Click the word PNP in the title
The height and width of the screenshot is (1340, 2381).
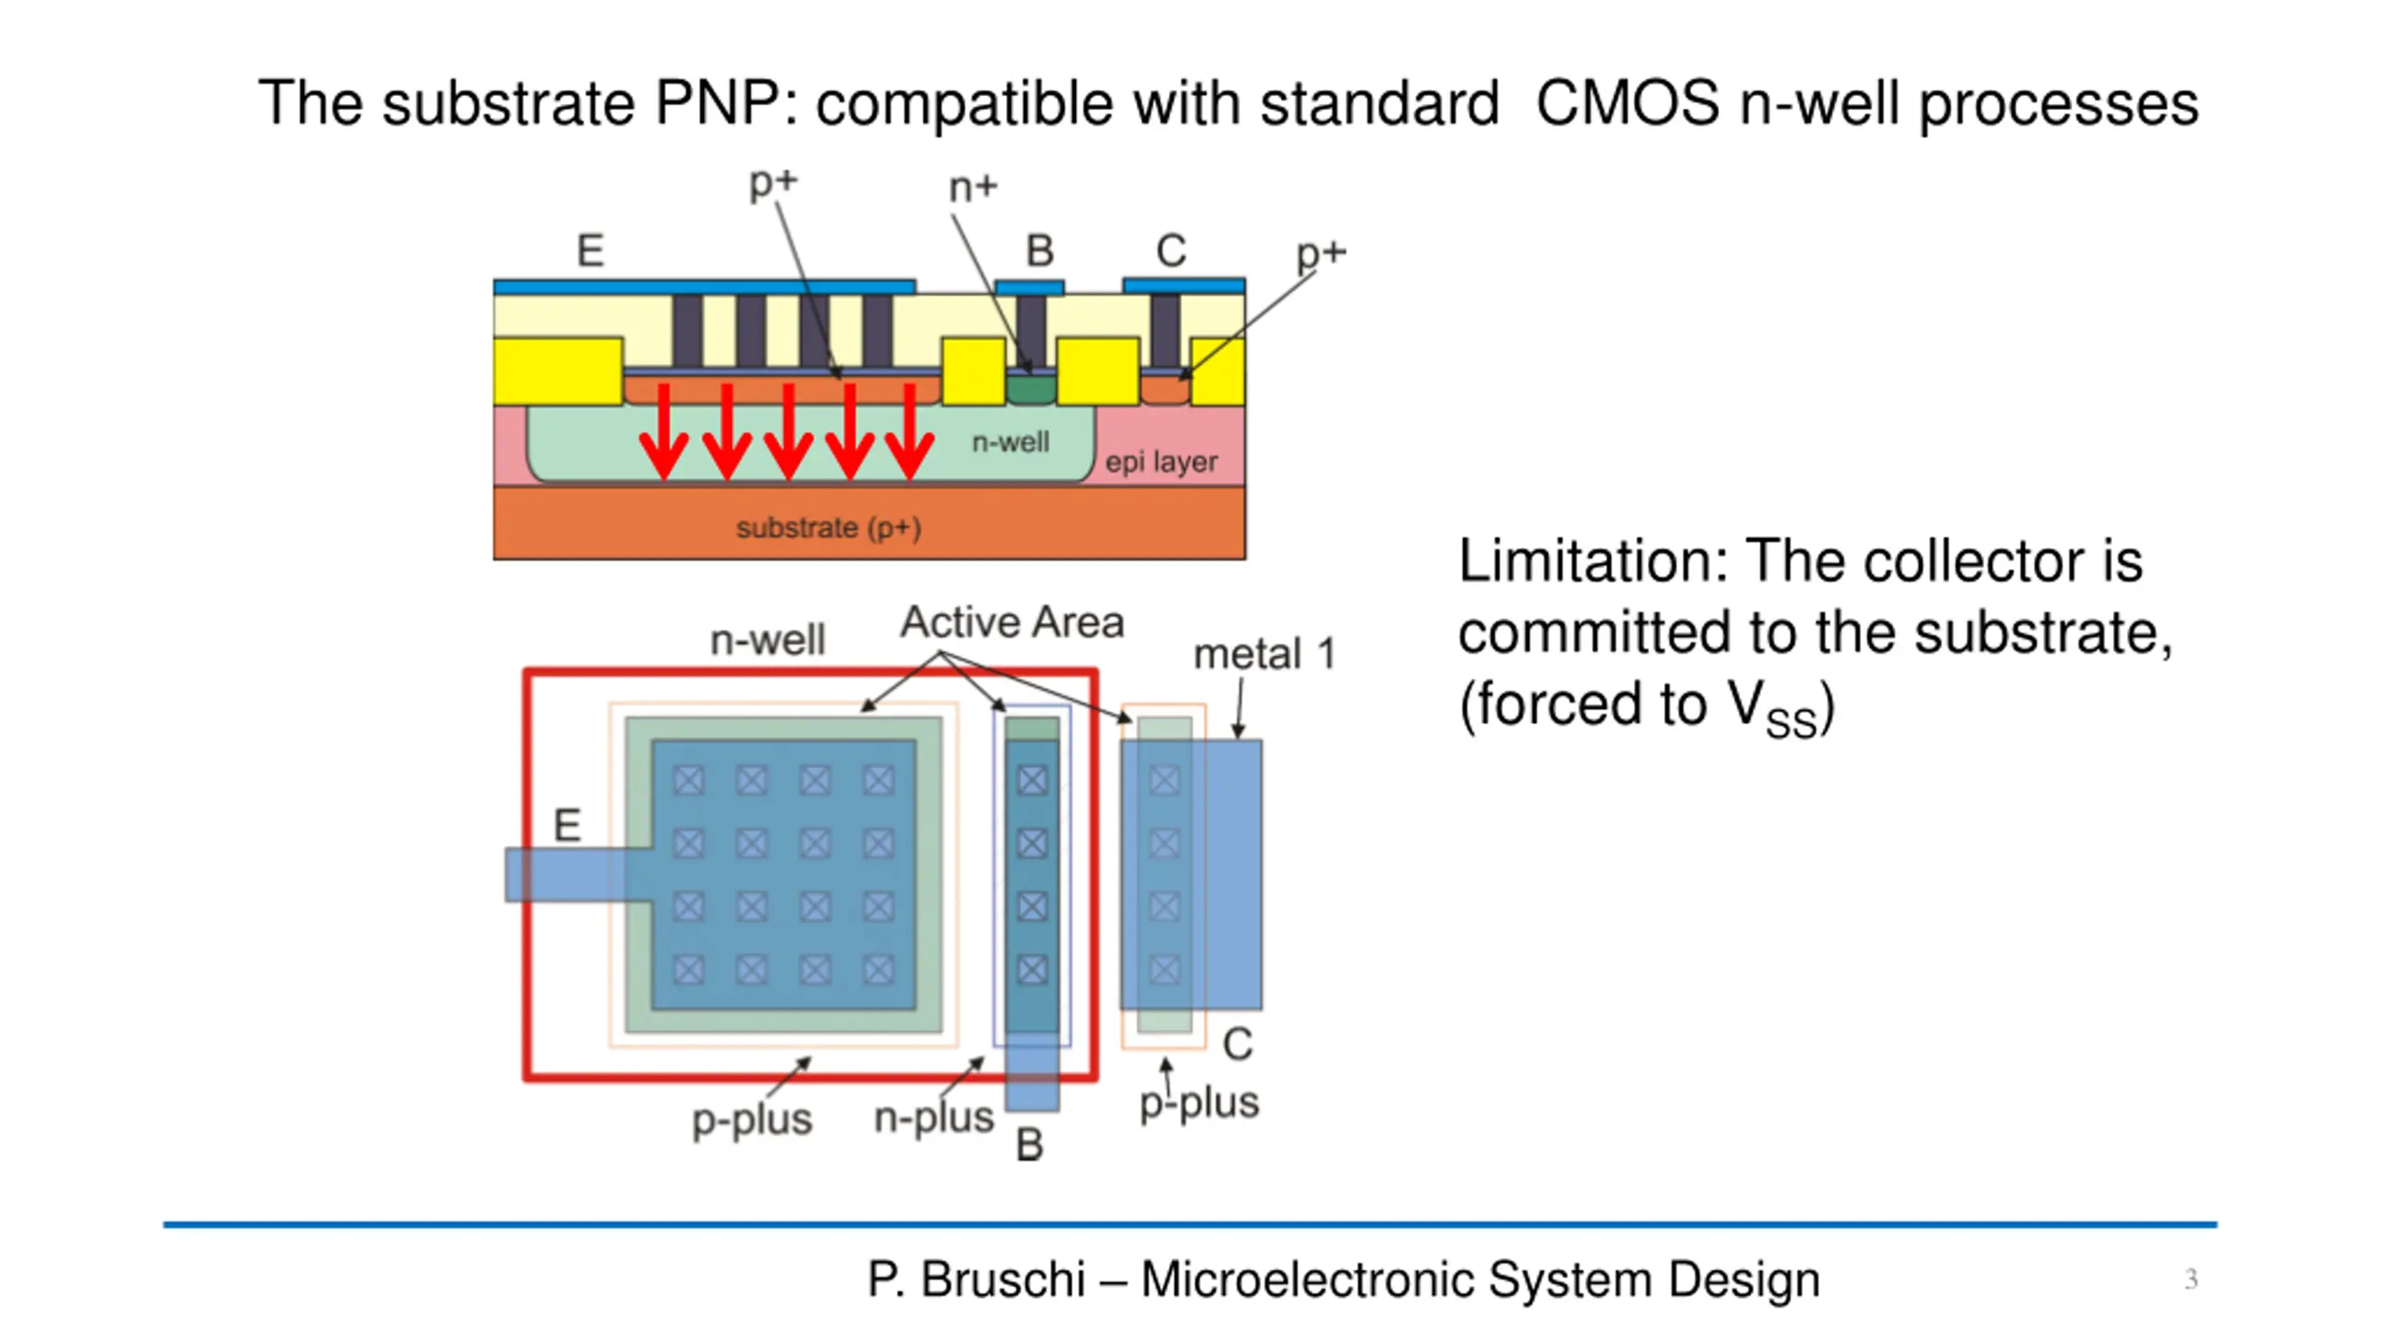pyautogui.click(x=714, y=102)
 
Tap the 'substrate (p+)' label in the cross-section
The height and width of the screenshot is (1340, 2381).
pyautogui.click(x=829, y=528)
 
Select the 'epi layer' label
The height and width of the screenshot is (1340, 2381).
pyautogui.click(x=1161, y=462)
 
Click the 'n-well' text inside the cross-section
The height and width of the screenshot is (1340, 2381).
pyautogui.click(x=1010, y=441)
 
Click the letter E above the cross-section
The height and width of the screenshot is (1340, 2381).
pyautogui.click(x=591, y=250)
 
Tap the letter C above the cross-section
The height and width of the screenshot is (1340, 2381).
pyautogui.click(x=1171, y=250)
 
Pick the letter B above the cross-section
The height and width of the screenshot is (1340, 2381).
pyautogui.click(x=1040, y=250)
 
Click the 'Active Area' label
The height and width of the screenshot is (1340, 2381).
pyautogui.click(x=1012, y=622)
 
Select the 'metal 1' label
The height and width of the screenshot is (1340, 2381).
pyautogui.click(x=1265, y=654)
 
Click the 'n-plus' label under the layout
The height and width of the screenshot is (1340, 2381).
pyautogui.click(x=934, y=1118)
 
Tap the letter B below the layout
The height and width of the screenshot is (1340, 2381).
pyautogui.click(x=1030, y=1146)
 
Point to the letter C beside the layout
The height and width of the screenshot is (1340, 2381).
pyautogui.click(x=1238, y=1044)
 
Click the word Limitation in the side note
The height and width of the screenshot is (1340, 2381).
pyautogui.click(x=1591, y=561)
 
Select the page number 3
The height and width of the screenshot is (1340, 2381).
pyautogui.click(x=2190, y=1279)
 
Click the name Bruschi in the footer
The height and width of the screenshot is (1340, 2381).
pyautogui.click(x=1004, y=1279)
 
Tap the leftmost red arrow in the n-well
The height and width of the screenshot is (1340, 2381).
pyautogui.click(x=664, y=431)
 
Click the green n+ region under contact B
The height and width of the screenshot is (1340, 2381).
pyautogui.click(x=1031, y=389)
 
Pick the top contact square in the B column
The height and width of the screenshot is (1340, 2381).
pyautogui.click(x=1032, y=780)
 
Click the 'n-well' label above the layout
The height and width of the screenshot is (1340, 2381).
pyautogui.click(x=767, y=640)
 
